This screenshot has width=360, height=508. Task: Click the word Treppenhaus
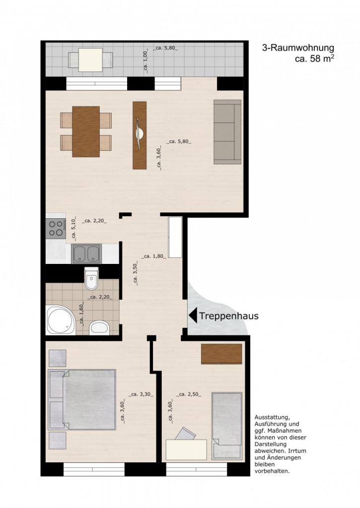click(228, 316)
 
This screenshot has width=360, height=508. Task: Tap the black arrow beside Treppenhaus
click(193, 316)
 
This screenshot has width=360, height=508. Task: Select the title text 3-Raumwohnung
click(298, 48)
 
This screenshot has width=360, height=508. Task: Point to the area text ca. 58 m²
click(314, 59)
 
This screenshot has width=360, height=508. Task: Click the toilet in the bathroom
click(91, 278)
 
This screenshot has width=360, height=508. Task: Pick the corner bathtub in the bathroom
click(60, 320)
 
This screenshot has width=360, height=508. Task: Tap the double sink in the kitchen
click(86, 254)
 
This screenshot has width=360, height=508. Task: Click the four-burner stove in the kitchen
click(56, 228)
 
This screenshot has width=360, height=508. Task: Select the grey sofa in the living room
click(227, 132)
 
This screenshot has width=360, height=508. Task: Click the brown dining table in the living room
click(86, 131)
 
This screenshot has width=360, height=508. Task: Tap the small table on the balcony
click(90, 60)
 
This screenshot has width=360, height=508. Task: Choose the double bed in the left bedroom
click(82, 399)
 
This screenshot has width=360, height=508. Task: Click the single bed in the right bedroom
click(227, 426)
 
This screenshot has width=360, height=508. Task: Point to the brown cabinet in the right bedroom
click(221, 354)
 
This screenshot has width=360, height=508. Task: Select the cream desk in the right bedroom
click(186, 449)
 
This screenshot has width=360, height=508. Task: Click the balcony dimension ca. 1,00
click(145, 60)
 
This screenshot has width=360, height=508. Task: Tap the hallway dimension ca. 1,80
click(154, 256)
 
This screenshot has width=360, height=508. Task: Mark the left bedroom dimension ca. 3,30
click(141, 394)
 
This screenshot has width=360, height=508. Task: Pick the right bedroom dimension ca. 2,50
click(188, 394)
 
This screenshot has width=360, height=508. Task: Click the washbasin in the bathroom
click(99, 327)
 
